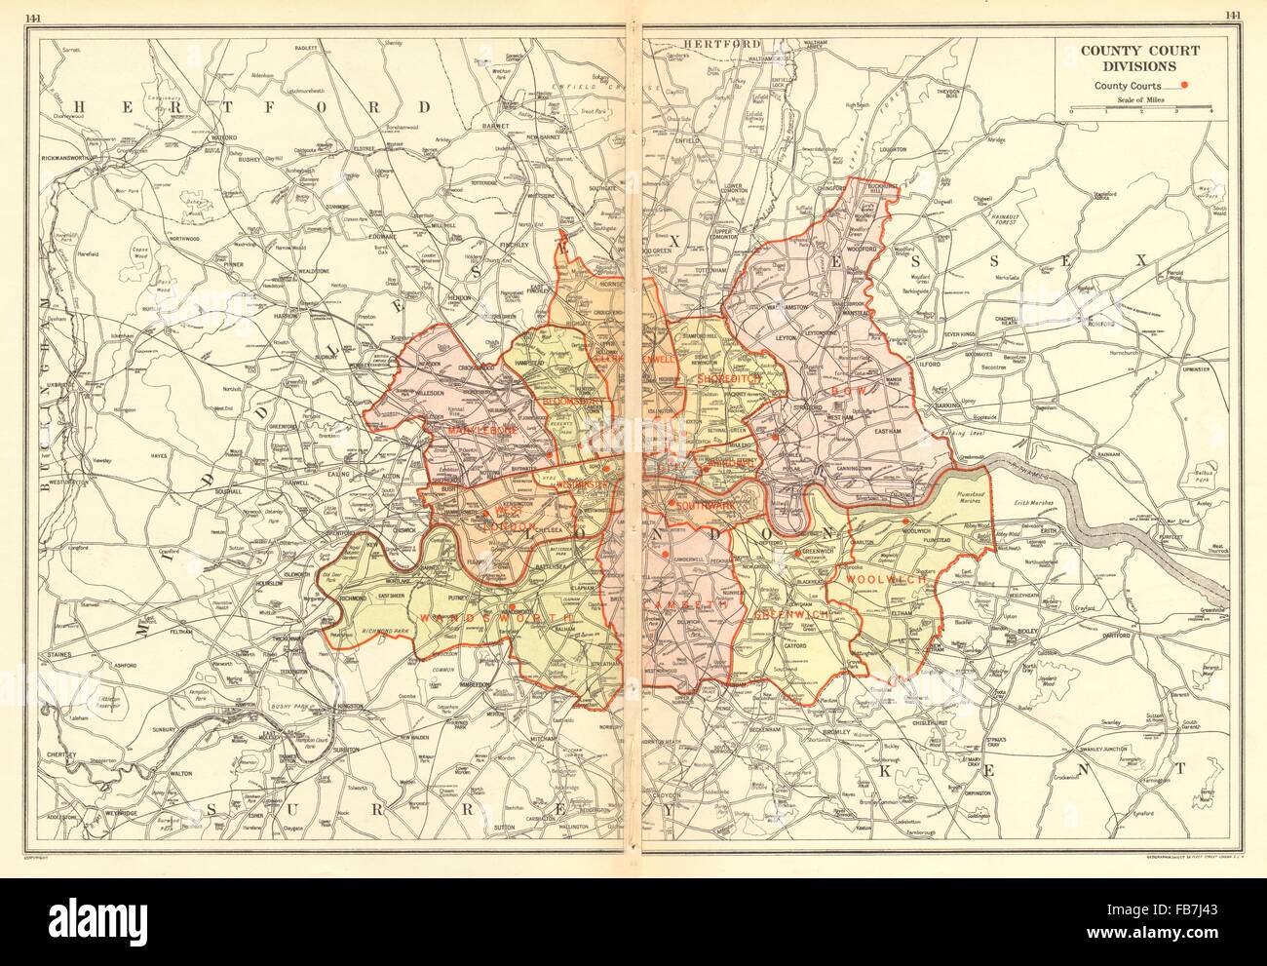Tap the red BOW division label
pos(842,390)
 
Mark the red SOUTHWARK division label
pos(702,506)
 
